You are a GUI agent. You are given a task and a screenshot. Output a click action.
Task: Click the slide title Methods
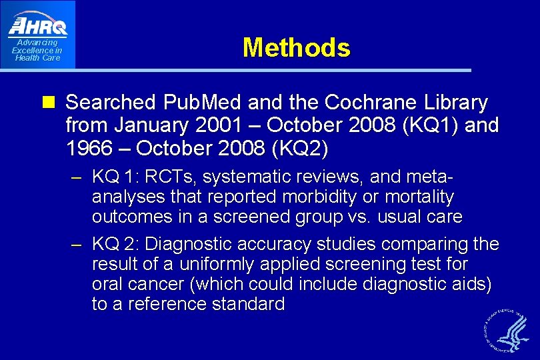tap(296, 48)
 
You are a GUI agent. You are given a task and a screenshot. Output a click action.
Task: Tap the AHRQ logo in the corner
tap(37, 26)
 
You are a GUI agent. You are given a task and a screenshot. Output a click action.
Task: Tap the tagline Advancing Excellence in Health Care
tap(37, 50)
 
